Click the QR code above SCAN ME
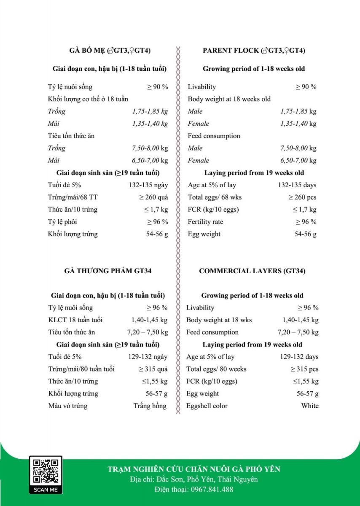(x=46, y=470)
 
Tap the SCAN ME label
(x=46, y=490)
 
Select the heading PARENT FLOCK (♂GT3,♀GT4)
(x=254, y=51)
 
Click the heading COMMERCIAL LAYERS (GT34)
(x=252, y=271)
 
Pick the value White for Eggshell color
(x=310, y=406)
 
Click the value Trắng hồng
(x=150, y=406)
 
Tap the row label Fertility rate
(x=205, y=222)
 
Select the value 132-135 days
(x=297, y=185)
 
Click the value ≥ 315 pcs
(x=304, y=369)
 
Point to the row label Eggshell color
(x=207, y=406)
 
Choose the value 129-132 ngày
(x=148, y=357)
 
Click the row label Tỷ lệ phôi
(x=62, y=222)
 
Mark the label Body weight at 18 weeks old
(x=229, y=99)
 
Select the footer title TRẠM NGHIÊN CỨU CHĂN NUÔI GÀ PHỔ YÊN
(x=194, y=469)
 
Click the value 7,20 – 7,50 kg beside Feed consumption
(x=298, y=332)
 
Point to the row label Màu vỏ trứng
(x=67, y=406)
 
